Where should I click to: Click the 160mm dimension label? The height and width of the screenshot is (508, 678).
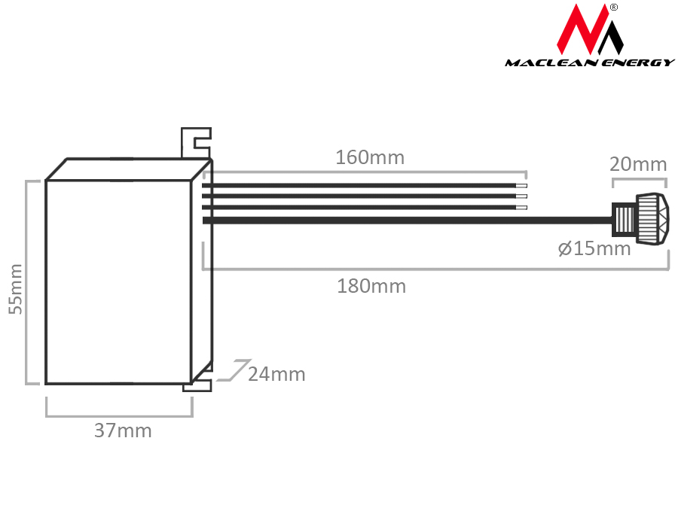pyautogui.click(x=370, y=158)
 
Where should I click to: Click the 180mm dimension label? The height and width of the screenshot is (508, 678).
pyautogui.click(x=371, y=287)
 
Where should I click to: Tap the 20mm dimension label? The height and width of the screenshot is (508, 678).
pyautogui.click(x=638, y=165)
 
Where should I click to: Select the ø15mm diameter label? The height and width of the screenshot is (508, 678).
pyautogui.click(x=594, y=249)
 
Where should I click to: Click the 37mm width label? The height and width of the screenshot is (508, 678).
pyautogui.click(x=123, y=431)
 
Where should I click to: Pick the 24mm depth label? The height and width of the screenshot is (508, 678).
pyautogui.click(x=276, y=375)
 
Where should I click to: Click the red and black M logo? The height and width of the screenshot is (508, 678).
pyautogui.click(x=590, y=29)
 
